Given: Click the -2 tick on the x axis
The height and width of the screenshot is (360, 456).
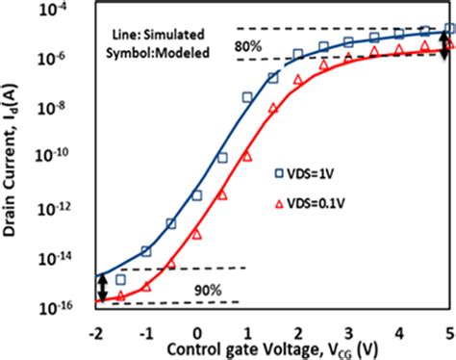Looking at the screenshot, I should coord(95,324).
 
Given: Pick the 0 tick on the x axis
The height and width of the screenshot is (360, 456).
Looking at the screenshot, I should coord(196,324).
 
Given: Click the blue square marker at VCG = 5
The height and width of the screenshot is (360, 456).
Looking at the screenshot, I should coord(449,32).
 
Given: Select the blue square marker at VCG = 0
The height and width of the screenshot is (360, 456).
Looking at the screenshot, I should coord(197,195).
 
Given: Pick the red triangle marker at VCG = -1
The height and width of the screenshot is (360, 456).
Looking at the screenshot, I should coord(146,286).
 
